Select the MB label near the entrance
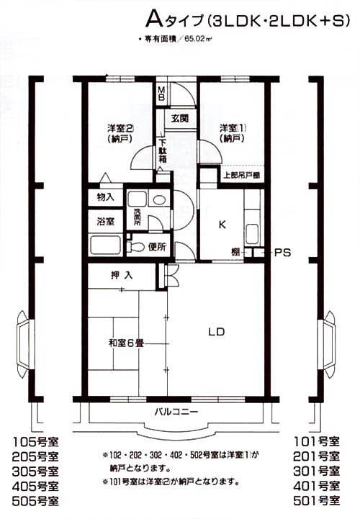pos(163,94)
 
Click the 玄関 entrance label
pos(179,117)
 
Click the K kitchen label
pos(222,224)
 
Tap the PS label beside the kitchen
pos(282,253)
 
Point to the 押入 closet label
pos(120,274)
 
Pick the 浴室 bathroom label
pos(105,221)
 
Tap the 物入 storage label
pos(105,197)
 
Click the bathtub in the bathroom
pos(106,245)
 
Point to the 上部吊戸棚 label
pos(241,174)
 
